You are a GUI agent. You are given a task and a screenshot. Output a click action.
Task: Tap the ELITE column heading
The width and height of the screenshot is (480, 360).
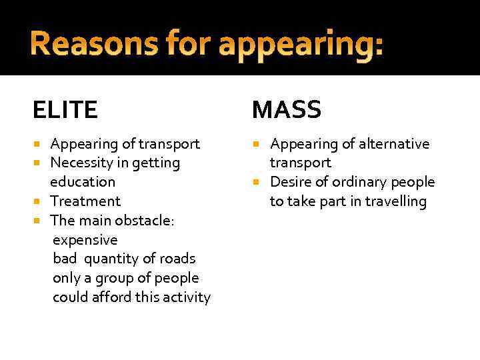pyautogui.click(x=65, y=109)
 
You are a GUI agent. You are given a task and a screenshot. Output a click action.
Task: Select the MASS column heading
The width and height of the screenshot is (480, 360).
pyautogui.click(x=287, y=109)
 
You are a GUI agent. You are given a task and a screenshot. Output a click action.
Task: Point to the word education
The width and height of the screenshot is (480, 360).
pyautogui.click(x=83, y=182)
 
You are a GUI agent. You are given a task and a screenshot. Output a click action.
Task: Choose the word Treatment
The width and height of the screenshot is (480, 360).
pyautogui.click(x=85, y=201)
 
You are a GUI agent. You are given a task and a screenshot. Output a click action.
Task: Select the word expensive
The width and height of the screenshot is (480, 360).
pyautogui.click(x=85, y=240)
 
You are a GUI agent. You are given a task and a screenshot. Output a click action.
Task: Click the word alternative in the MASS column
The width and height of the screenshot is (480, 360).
pyautogui.click(x=395, y=144)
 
